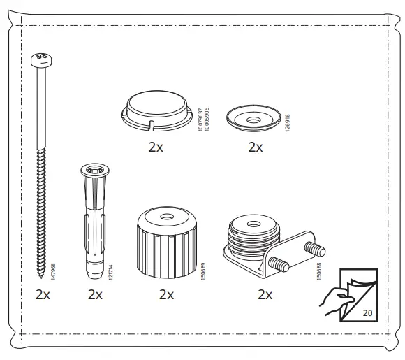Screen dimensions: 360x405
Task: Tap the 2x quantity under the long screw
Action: pyautogui.click(x=43, y=294)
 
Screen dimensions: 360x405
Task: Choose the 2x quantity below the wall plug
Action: pyautogui.click(x=96, y=294)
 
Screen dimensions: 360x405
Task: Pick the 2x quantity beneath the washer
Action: pyautogui.click(x=256, y=147)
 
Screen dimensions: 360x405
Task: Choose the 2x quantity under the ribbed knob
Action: pyautogui.click(x=166, y=294)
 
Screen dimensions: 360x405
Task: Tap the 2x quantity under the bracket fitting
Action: pyautogui.click(x=265, y=294)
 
